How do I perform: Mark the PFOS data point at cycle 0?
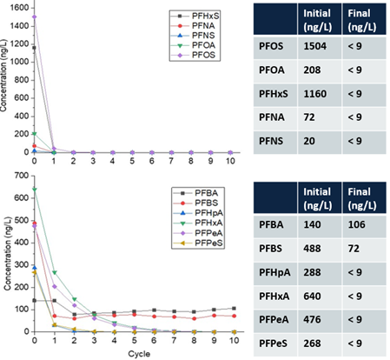point(35,17)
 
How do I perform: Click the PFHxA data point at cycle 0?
point(35,189)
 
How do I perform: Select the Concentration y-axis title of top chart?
point(6,83)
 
